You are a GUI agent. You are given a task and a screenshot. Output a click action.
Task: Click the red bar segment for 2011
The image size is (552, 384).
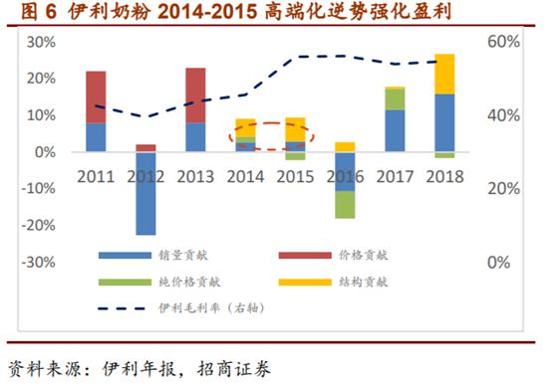pos(96,96)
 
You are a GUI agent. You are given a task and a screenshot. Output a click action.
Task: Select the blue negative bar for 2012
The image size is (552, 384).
pos(145,193)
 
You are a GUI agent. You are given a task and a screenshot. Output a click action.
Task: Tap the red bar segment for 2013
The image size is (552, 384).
pos(195,95)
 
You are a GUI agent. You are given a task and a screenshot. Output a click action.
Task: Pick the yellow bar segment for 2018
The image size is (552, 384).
pos(444,74)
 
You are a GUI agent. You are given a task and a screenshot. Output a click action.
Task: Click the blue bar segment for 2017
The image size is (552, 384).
pos(395,130)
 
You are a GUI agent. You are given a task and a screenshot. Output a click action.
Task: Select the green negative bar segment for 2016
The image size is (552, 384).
pos(345,204)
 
